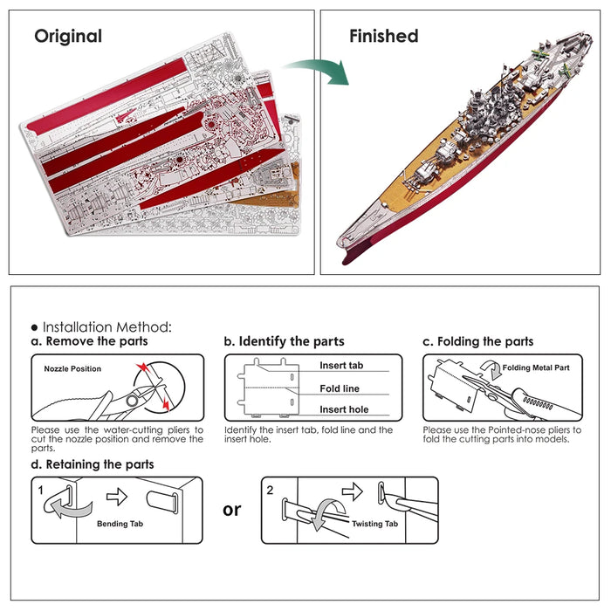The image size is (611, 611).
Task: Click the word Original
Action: pos(68,37)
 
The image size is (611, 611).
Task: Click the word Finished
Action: pos(383,37)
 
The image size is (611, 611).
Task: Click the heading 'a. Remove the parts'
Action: pos(89,341)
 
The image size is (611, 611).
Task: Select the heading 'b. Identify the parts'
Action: pos(284,341)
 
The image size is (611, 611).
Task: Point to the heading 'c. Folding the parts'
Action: pos(477,341)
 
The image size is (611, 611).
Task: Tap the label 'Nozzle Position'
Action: pos(72,369)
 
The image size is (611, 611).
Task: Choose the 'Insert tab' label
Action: pos(341,366)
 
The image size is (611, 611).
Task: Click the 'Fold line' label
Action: pos(340,388)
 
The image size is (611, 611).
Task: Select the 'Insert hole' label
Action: pos(344,409)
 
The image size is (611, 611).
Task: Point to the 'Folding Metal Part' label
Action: pos(536,368)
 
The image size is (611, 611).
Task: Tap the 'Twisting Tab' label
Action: pos(374,524)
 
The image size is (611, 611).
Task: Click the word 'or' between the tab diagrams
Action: pos(231,509)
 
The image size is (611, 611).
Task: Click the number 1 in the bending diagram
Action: pos(41,491)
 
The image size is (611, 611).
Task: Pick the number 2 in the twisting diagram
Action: pos(270,491)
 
